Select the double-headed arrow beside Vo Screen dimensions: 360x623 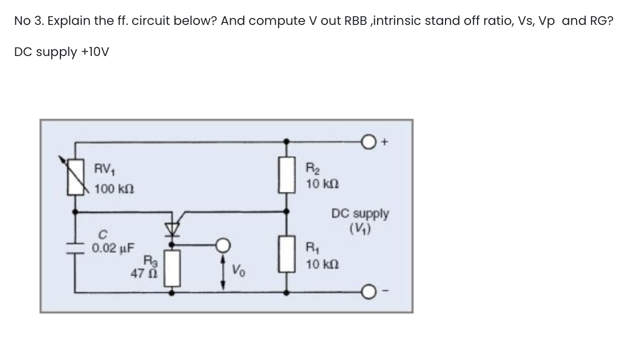(x=223, y=272)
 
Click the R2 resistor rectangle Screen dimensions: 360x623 (x=287, y=175)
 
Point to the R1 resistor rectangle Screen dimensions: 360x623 (x=287, y=256)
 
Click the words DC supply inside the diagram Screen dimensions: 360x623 (x=360, y=213)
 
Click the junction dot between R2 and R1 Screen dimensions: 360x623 (x=287, y=210)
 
